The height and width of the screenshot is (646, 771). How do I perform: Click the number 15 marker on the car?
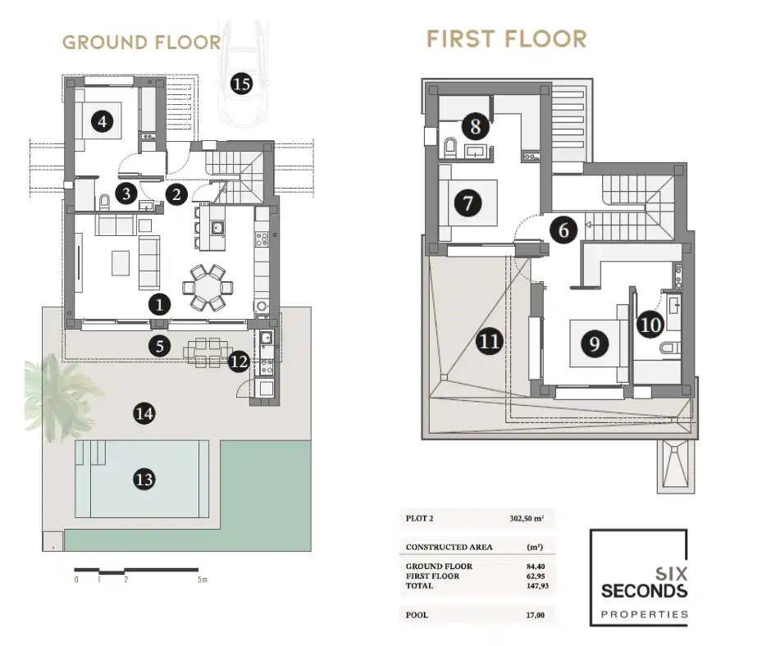point(241,84)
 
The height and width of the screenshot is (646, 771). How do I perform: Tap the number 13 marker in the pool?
point(144,480)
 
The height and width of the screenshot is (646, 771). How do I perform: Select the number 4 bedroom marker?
point(103,121)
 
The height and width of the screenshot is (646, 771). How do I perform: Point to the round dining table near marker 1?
point(208,288)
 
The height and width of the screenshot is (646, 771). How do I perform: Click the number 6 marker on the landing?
point(563,230)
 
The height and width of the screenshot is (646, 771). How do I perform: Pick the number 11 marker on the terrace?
point(489,341)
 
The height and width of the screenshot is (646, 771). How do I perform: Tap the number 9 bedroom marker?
point(594,343)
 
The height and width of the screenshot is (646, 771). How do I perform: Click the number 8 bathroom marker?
point(475,126)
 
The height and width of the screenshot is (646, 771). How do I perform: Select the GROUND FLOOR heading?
point(142,43)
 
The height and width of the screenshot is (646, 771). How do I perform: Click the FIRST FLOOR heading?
point(507,39)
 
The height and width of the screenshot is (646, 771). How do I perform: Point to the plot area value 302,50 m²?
point(527,518)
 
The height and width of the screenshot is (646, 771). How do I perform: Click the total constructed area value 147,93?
point(537,585)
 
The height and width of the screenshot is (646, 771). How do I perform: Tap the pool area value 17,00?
point(536,615)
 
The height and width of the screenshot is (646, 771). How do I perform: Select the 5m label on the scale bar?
point(203,580)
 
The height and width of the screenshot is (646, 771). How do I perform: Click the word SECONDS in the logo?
point(644,590)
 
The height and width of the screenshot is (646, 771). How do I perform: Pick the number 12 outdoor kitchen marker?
point(239,362)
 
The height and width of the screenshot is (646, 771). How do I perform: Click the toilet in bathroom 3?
point(104,202)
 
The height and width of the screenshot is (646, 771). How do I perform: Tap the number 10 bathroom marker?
point(650,325)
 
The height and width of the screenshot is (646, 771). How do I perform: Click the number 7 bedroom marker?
point(468,202)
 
